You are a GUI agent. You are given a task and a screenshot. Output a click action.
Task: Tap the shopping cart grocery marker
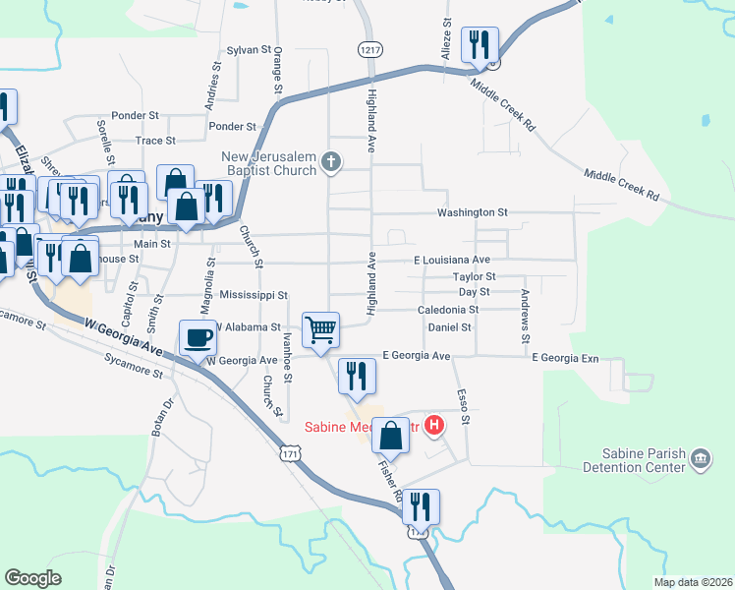pyautogui.click(x=320, y=330)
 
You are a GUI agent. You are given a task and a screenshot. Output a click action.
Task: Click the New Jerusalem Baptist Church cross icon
pyautogui.click(x=332, y=162)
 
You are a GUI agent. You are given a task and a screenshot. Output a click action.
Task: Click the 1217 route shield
pyautogui.click(x=369, y=48)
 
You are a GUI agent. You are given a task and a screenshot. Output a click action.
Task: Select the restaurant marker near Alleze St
pyautogui.click(x=480, y=45)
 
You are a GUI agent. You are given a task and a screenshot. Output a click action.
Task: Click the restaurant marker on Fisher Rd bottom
pyautogui.click(x=421, y=508)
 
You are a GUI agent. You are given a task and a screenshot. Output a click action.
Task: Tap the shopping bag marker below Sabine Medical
pyautogui.click(x=391, y=437)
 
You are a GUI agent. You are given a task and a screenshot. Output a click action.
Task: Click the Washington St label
pyautogui.click(x=473, y=212)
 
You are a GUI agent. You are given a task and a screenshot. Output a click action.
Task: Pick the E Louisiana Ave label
pyautogui.click(x=451, y=260)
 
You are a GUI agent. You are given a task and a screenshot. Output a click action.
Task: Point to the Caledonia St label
pyautogui.click(x=446, y=310)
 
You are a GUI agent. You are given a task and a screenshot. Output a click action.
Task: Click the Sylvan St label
pyautogui.click(x=248, y=49)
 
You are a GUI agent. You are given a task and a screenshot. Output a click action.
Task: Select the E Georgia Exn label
pyautogui.click(x=565, y=359)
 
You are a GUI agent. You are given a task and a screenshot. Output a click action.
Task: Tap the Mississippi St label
pyautogui.click(x=253, y=295)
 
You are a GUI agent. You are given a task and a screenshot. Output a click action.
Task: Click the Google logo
pyautogui.click(x=32, y=578)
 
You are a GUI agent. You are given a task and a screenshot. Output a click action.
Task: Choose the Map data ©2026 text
pyautogui.click(x=693, y=582)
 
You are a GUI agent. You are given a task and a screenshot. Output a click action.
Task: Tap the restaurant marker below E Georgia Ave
pyautogui.click(x=356, y=376)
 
